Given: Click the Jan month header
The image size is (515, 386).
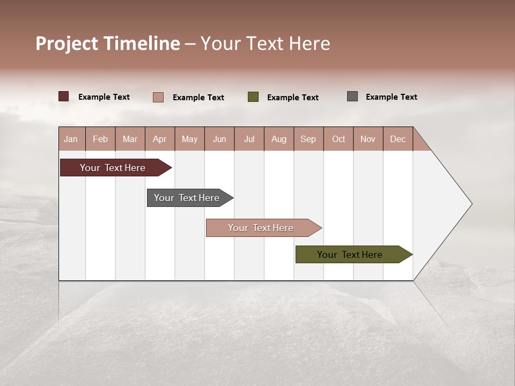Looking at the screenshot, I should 71,139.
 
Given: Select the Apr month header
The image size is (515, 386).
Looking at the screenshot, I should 159,139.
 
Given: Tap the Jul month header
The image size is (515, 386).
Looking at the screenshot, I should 249,139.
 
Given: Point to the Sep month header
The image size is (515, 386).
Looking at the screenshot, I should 308,139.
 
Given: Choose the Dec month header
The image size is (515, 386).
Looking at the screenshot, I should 398,139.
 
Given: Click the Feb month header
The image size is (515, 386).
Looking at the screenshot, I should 100,139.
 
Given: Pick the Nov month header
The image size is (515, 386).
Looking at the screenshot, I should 367,139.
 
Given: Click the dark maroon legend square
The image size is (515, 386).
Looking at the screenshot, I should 64,96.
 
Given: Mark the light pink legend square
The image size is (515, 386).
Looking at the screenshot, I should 158,97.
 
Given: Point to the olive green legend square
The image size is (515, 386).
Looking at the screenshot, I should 253,97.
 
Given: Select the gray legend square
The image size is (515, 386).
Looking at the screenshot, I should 352,96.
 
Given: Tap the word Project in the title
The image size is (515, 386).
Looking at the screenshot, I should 67,43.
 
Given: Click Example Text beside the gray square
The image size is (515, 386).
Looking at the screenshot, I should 391,97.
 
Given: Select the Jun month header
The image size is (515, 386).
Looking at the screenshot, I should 219,139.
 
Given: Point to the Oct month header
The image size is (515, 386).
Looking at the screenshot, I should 339,139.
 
